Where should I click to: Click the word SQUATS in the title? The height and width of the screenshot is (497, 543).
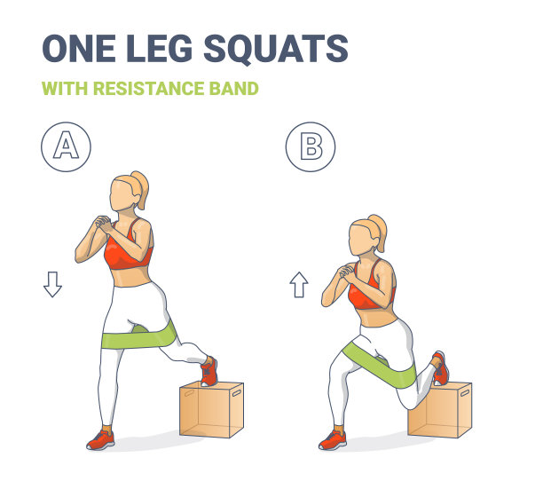point(276,49)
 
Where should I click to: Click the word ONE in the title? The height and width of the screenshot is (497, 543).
point(79,49)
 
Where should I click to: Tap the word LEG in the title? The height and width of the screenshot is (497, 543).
point(159,49)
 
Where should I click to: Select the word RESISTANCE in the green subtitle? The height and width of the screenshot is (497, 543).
point(148,89)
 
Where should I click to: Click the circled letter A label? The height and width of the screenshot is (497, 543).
point(67,146)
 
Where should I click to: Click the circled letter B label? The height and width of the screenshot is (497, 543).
point(311,146)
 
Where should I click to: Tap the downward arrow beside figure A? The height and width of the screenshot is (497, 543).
point(52,284)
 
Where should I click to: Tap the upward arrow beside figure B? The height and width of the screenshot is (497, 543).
point(299,285)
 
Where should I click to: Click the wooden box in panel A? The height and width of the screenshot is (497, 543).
point(211,409)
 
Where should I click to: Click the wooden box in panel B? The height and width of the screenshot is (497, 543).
point(440,410)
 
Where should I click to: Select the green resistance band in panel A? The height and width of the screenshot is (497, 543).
point(138,337)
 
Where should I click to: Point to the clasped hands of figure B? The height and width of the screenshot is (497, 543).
point(346,271)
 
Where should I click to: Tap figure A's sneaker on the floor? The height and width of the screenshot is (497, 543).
point(100,440)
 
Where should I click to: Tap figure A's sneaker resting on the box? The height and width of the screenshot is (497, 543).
point(209,371)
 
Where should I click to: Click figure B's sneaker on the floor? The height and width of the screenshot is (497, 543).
point(333,440)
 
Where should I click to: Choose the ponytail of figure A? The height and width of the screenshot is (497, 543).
point(140,189)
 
